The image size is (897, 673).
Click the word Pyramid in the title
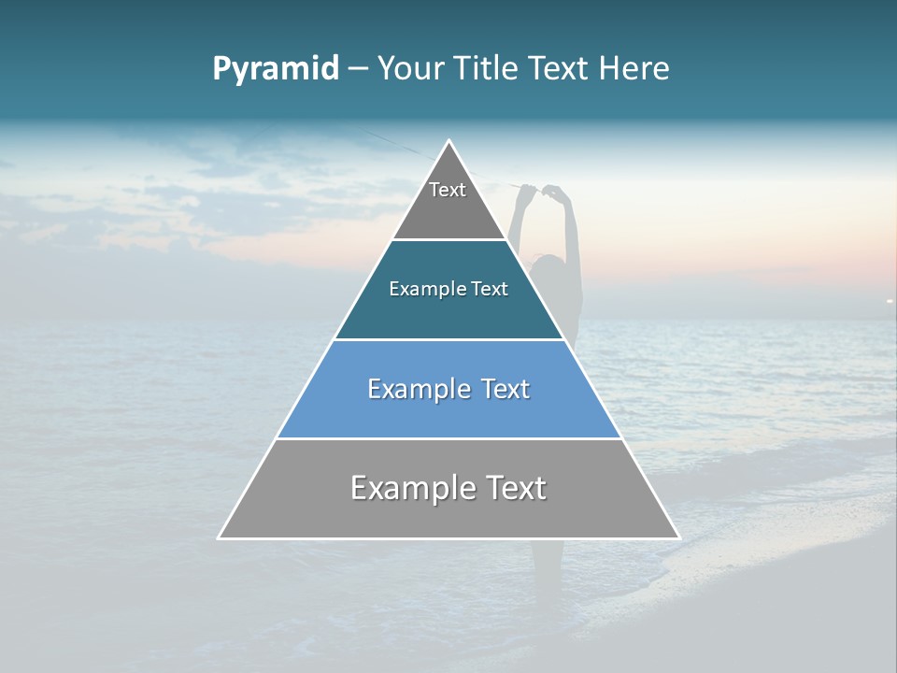276,69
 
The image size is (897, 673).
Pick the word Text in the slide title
560,69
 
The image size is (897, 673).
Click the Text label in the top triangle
448,190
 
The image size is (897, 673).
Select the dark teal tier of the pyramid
448,308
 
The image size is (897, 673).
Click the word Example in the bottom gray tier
411,488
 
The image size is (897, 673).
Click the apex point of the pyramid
449,141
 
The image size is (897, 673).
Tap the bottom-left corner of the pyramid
220,537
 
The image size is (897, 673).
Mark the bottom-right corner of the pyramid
678,537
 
